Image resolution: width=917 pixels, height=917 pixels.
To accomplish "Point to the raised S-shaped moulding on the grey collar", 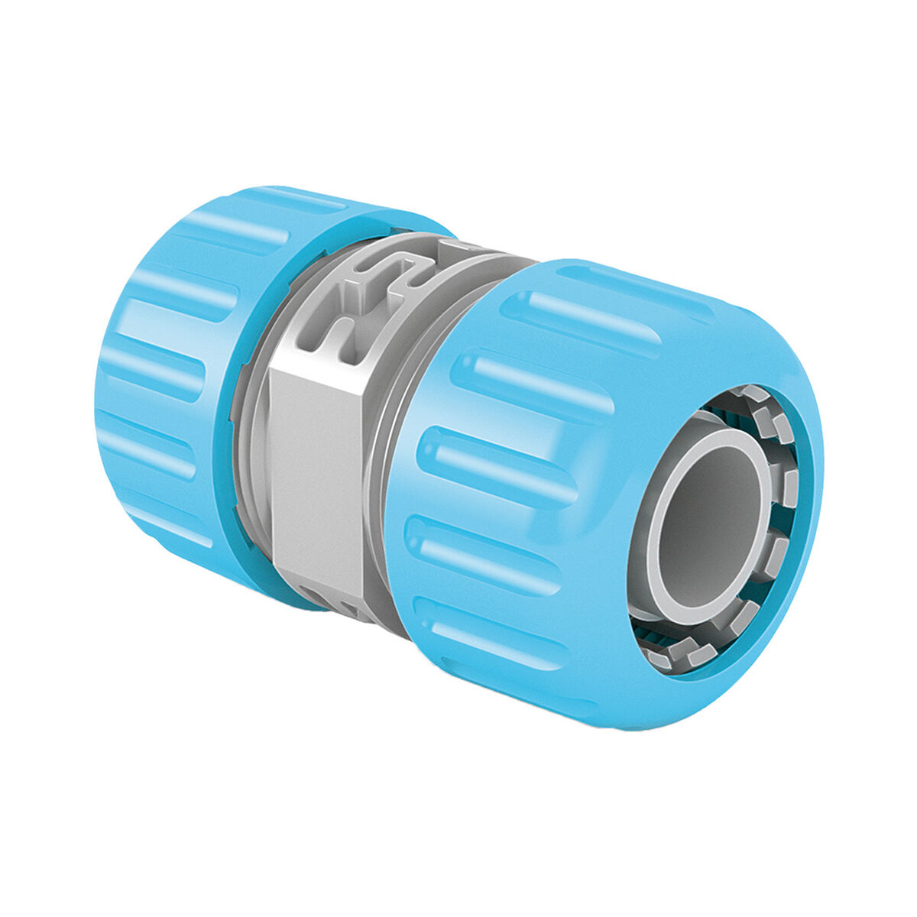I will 382,283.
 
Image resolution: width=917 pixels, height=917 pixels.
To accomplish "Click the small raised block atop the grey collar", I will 458,248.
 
